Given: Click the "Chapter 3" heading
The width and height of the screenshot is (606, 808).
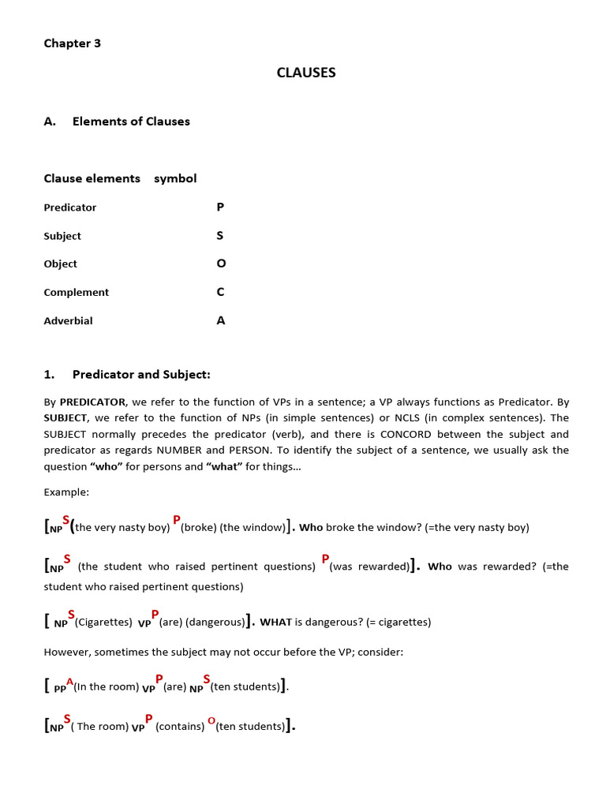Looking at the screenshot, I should [73, 43].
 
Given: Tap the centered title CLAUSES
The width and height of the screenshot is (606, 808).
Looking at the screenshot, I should [306, 73].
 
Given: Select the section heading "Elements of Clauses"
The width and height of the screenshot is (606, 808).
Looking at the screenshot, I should [131, 122].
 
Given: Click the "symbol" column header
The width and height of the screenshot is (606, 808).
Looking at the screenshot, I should [175, 178].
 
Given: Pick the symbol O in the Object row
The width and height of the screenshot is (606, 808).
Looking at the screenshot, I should [221, 264].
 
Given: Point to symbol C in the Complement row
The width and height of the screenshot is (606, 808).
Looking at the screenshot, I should [220, 292].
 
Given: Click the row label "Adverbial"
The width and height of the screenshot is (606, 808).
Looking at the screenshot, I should [68, 320].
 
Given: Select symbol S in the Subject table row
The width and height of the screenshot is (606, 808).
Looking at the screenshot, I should [220, 236].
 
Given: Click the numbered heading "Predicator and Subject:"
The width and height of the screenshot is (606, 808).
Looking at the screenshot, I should [141, 374].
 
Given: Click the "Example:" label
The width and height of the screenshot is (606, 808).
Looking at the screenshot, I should [66, 492].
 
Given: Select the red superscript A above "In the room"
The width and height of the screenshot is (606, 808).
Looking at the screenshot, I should [70, 680].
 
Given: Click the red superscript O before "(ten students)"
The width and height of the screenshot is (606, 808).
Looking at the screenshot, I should [211, 720].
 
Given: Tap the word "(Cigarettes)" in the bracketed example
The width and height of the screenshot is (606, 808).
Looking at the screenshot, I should [103, 622].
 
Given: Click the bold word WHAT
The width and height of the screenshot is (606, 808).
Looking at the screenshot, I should [276, 622].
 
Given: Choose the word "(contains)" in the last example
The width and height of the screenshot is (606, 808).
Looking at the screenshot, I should [180, 727].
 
